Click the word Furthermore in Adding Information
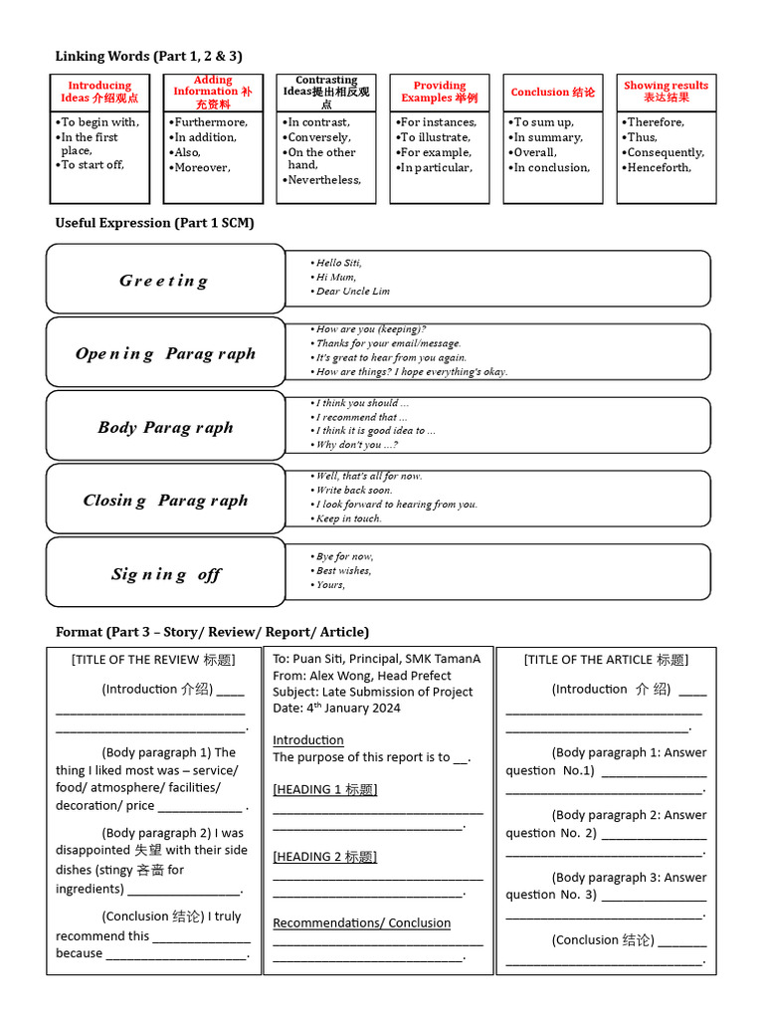point(211,122)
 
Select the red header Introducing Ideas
point(99,92)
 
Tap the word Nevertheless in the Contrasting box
point(324,180)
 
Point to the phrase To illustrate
point(436,137)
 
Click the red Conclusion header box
point(553,92)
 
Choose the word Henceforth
point(659,167)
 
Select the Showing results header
point(666,92)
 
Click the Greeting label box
point(165,280)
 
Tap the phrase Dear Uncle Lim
point(352,292)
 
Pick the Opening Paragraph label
point(165,353)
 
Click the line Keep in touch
point(348,518)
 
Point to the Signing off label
point(165,574)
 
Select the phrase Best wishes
point(343,570)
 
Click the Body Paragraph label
point(165,427)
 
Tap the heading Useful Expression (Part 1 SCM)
point(154,223)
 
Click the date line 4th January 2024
point(337,708)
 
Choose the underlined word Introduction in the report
point(308,740)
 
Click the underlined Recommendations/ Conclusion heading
point(362,922)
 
